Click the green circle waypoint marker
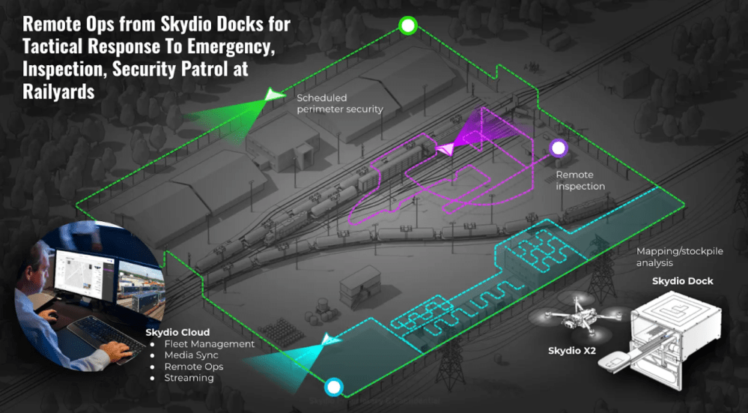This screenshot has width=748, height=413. pos(407,26)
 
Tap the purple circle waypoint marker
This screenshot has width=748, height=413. pos(557,148)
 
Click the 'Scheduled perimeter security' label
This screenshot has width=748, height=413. pos(339,103)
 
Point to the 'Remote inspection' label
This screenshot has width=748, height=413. pos(580,181)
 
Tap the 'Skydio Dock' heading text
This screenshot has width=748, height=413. pos(682,281)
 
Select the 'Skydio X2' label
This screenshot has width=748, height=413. pos(571,350)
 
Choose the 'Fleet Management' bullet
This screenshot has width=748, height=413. pos(209,344)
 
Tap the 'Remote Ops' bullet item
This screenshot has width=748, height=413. pos(193,367)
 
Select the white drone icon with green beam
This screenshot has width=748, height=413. pos(274,95)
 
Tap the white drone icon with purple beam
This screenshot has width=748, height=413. pos(446,148)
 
